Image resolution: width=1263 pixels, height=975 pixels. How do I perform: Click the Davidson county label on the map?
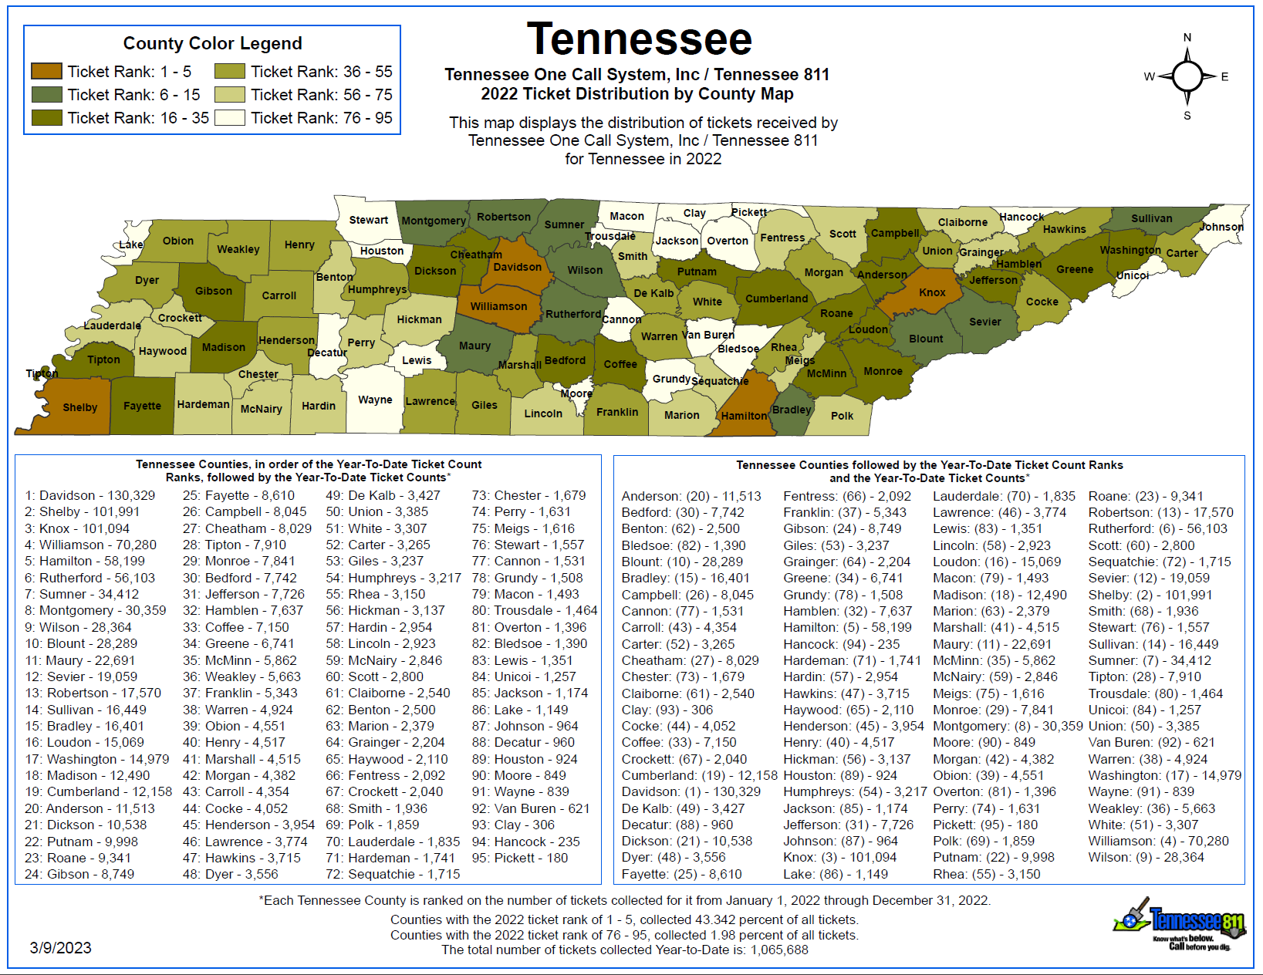point(517,267)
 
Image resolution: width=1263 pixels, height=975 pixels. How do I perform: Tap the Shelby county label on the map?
point(79,407)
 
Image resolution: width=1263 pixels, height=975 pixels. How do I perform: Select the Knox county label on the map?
point(932,292)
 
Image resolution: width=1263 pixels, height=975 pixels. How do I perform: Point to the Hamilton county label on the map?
point(744,416)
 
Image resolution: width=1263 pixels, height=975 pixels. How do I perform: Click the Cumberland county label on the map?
point(776,299)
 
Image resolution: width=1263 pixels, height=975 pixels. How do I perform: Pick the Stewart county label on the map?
point(368,220)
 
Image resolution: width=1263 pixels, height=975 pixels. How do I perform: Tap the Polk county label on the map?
point(842,416)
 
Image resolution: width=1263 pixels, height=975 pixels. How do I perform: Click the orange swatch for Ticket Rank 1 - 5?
point(46,72)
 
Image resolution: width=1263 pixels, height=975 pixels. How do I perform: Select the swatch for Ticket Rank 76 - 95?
point(229,118)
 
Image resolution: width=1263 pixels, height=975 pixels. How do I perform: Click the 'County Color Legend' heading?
point(212,43)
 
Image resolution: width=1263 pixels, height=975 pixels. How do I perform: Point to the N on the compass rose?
point(1187,38)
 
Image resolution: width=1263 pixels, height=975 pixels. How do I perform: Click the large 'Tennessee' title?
point(639,39)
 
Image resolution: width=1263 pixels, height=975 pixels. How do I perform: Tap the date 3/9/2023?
point(60,948)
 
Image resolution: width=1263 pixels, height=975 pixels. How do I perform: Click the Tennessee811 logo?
point(1180,924)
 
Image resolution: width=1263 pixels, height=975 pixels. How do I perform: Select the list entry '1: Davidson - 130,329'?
point(89,495)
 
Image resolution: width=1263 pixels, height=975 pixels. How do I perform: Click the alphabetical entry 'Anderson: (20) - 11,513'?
point(691,496)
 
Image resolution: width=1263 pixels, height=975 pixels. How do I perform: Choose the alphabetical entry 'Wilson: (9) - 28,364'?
point(1146,857)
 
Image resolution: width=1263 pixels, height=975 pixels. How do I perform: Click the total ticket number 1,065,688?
point(778,950)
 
